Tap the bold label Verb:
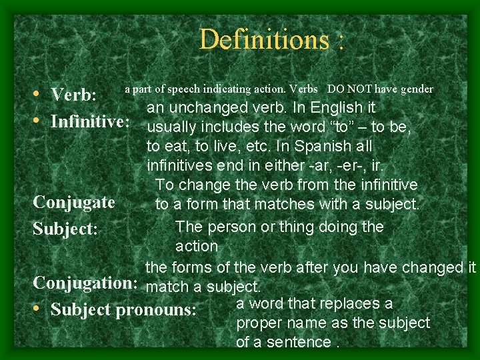pyautogui.click(x=75, y=95)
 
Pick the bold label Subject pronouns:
pyautogui.click(x=123, y=310)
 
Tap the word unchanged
pyautogui.click(x=223, y=107)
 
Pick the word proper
pyautogui.click(x=257, y=323)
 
